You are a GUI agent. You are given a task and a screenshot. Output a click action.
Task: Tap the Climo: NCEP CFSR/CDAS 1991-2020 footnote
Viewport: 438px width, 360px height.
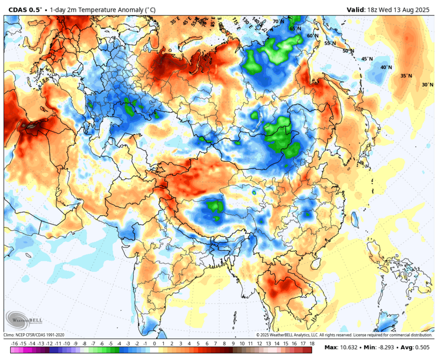pyautogui.click(x=34, y=335)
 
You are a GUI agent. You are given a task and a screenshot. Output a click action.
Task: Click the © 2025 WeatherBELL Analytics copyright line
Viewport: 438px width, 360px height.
pyautogui.click(x=344, y=335)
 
